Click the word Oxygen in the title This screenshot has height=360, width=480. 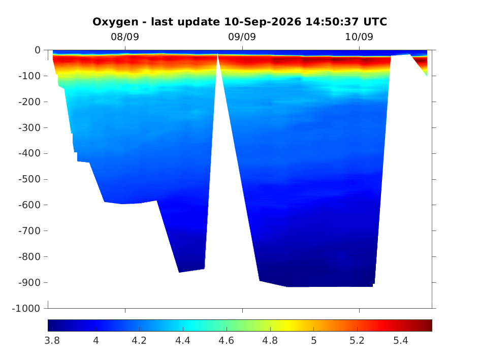click(x=115, y=22)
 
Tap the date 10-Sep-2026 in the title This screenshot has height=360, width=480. click(x=263, y=22)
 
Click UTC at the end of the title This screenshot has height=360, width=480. click(x=375, y=22)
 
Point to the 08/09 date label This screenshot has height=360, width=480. click(x=125, y=37)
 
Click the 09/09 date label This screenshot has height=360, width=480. click(x=242, y=37)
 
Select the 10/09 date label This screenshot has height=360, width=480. click(x=359, y=37)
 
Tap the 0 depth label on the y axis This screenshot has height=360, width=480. click(x=38, y=50)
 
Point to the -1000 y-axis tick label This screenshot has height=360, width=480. click(x=26, y=309)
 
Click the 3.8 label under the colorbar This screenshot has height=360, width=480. click(x=52, y=340)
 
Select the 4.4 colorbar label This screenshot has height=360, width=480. click(x=183, y=340)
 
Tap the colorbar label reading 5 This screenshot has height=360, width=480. click(x=314, y=340)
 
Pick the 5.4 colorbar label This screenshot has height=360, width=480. click(x=401, y=340)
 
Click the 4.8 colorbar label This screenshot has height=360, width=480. click(x=270, y=340)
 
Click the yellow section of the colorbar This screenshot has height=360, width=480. click(x=288, y=325)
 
